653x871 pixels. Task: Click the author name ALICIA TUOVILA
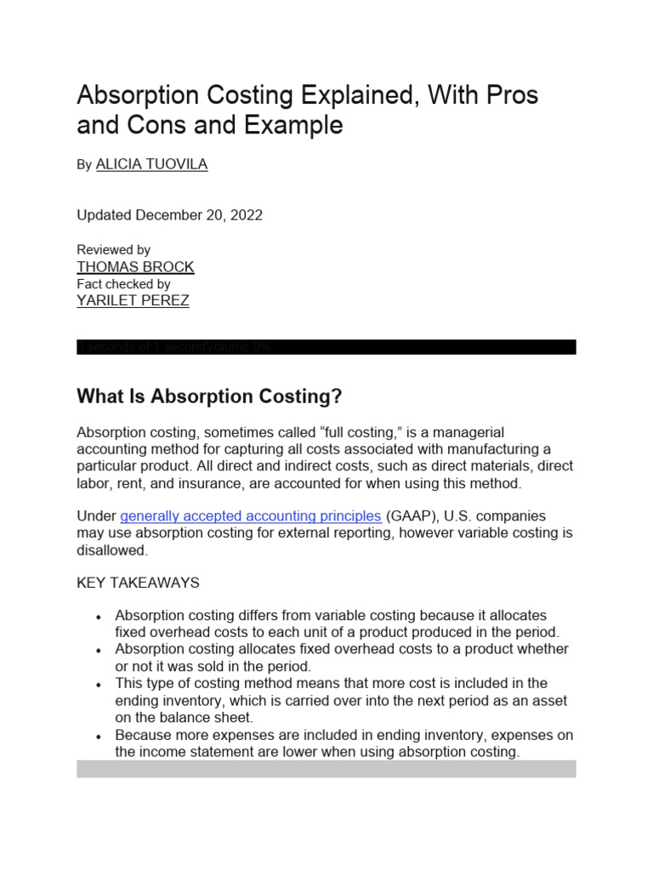coord(151,164)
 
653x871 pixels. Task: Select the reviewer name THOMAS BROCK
coord(135,266)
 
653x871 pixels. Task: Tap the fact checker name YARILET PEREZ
coord(133,300)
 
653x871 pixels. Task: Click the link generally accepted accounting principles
coord(251,516)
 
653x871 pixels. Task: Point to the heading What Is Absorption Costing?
coord(209,396)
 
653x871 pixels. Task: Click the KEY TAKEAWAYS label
coord(138,583)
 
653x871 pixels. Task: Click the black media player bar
coord(326,347)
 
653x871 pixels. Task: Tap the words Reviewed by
coord(113,249)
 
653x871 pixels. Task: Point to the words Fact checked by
coord(123,283)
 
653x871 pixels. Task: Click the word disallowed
coord(112,550)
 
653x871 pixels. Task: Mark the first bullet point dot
coord(99,616)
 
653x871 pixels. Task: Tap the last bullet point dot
coord(99,736)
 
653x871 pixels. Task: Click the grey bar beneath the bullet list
coord(326,769)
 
